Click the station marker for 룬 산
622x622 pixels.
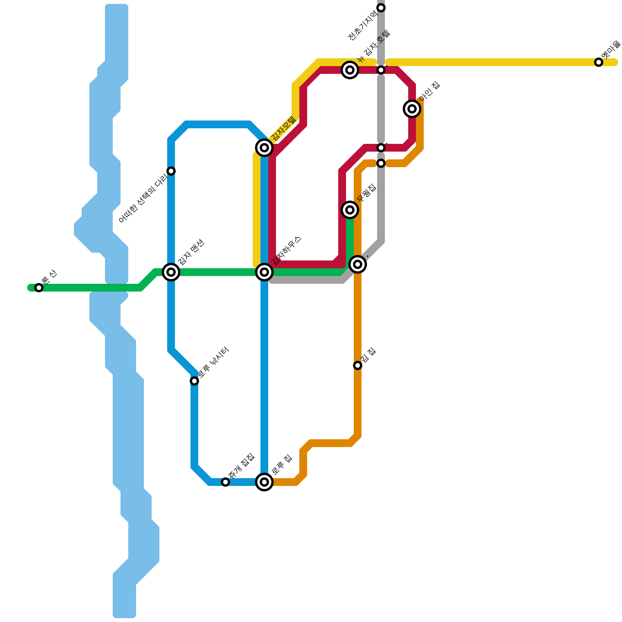tap(38, 288)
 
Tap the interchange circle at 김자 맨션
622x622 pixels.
tap(171, 272)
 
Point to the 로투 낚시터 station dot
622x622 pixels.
tap(194, 381)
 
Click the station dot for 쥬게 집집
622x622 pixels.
tap(225, 482)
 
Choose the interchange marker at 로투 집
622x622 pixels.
tap(264, 482)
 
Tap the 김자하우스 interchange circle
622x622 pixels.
tap(264, 272)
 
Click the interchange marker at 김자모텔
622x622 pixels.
tap(264, 148)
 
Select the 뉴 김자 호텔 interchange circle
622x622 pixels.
tap(350, 70)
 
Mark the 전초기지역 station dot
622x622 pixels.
tap(381, 8)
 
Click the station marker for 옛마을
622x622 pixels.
tap(599, 62)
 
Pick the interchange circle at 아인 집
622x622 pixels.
tap(412, 109)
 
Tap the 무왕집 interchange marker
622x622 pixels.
tap(350, 210)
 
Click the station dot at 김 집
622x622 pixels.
tap(358, 365)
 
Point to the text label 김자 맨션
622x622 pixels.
tap(191, 252)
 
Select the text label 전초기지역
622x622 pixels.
tap(362, 26)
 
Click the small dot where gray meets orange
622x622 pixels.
tap(381, 163)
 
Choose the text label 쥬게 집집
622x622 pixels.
tap(241, 465)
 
